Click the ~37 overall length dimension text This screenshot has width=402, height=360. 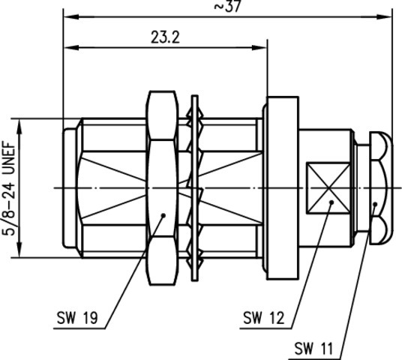point(227,6)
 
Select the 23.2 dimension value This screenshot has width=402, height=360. point(165,37)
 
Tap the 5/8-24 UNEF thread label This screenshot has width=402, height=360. point(9,188)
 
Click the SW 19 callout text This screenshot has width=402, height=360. point(77,318)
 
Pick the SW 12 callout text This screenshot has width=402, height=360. point(263,318)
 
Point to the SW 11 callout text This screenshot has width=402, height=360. point(313,349)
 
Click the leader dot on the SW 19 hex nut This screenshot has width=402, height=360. point(163,215)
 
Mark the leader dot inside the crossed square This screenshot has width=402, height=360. point(331,202)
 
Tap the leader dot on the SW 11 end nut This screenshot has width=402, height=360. point(375,204)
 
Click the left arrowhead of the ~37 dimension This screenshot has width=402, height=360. point(70,17)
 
